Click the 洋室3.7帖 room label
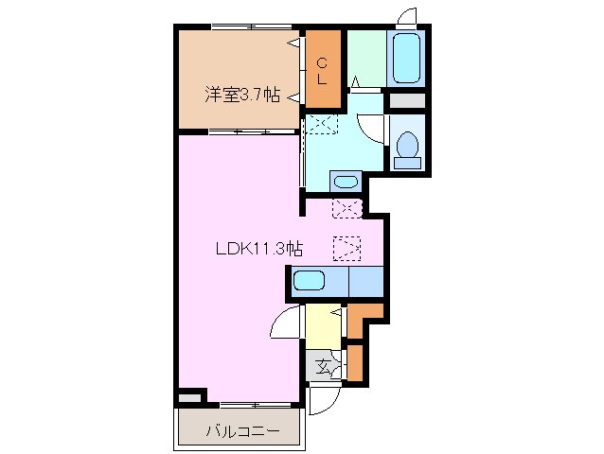coord(243,94)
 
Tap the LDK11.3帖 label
coord(258,250)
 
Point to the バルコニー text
coord(242,430)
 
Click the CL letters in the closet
coord(323,72)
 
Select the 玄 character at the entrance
coord(323,365)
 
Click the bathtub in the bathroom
coord(406,59)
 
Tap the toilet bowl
coord(408,148)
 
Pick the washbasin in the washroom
coord(346,182)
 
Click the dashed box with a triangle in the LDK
coord(346,249)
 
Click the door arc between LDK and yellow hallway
coord(286,326)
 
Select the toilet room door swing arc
coord(375,129)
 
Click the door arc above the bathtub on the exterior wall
coord(407,17)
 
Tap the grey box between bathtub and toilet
coord(407,99)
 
